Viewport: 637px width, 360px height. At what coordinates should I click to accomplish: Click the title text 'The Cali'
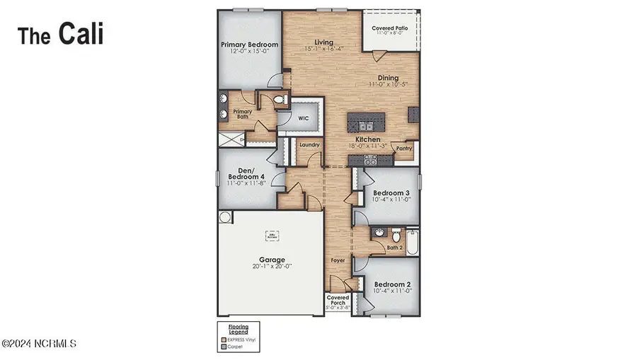point(60,33)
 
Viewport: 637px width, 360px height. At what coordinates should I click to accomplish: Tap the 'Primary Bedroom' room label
point(248,45)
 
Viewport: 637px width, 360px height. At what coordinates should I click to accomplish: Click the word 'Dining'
point(388,78)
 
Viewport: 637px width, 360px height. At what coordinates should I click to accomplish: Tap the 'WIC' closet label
point(304,118)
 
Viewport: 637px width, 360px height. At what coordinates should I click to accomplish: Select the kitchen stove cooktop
point(369,160)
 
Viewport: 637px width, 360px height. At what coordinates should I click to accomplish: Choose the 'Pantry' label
point(404,149)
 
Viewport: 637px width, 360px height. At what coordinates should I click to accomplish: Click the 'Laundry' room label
point(309,145)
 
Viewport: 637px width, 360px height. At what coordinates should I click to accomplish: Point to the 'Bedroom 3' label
point(391,193)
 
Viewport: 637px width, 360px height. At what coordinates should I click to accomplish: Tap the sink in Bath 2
point(378,232)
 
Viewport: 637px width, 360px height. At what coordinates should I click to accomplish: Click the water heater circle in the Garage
point(225,216)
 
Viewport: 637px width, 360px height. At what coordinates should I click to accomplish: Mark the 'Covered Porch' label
point(338,301)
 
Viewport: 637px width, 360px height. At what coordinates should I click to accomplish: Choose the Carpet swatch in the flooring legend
point(223,347)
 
